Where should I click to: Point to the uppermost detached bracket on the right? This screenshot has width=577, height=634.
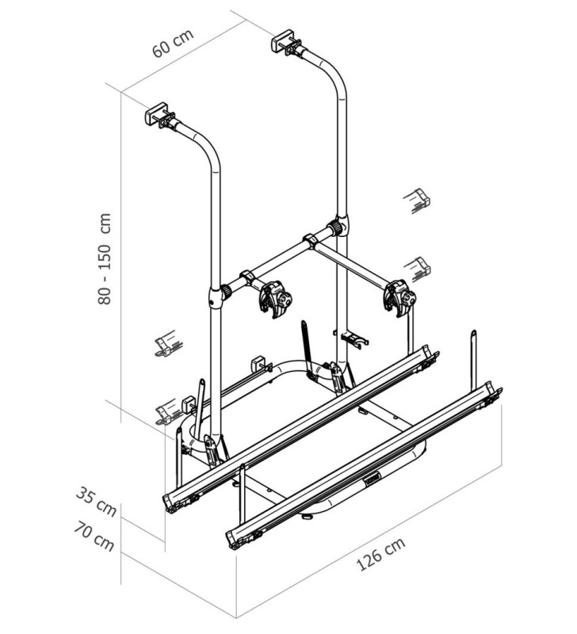click(417, 200)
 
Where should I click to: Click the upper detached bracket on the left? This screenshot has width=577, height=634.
click(167, 343)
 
